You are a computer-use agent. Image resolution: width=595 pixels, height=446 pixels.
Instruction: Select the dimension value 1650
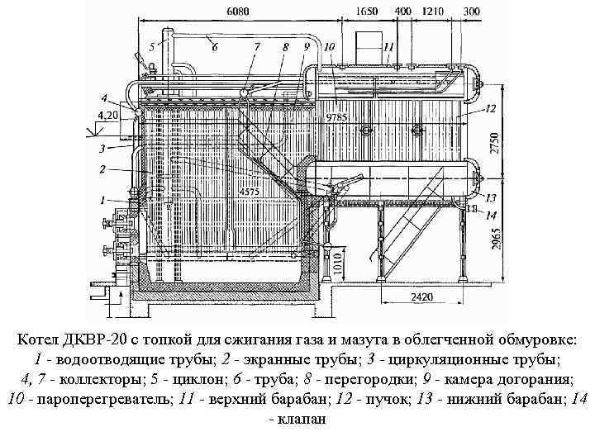coord(369,12)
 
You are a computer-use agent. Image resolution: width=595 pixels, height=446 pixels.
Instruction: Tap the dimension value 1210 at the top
coord(433,12)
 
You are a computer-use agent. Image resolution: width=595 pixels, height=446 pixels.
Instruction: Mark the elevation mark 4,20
coord(107,115)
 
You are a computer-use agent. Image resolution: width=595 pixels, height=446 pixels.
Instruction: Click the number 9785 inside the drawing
coord(336,117)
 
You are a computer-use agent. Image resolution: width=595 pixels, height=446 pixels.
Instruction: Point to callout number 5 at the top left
coord(152,47)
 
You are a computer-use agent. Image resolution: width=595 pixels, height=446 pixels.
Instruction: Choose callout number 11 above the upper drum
coord(388,47)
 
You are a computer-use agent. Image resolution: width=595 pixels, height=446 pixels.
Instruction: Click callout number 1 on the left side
coord(102,200)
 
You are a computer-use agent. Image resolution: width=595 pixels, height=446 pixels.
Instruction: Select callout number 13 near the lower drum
coord(491,197)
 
